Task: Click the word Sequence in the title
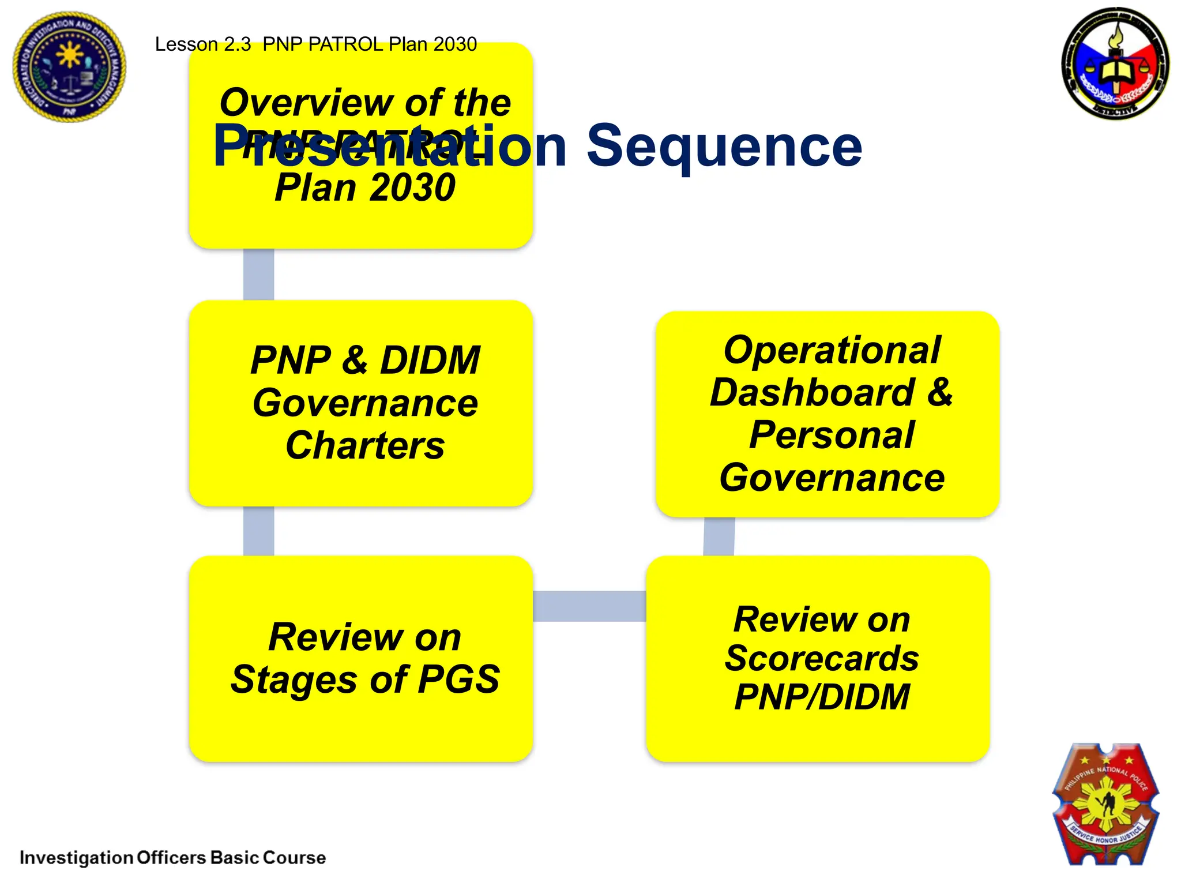724,147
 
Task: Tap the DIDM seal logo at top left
69,66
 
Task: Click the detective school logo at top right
1115,63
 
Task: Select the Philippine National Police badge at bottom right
1106,804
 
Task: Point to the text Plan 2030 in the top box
365,188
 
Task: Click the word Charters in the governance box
365,446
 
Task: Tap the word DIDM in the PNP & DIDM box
430,361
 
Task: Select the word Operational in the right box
832,350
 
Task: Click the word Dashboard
812,393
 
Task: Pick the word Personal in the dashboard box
832,435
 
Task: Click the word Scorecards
822,658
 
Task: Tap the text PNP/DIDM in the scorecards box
822,697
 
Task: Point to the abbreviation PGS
458,679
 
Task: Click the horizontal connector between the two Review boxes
589,606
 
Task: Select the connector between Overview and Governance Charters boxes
258,275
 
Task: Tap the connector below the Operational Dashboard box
719,536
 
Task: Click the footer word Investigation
76,858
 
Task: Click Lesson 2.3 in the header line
202,44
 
